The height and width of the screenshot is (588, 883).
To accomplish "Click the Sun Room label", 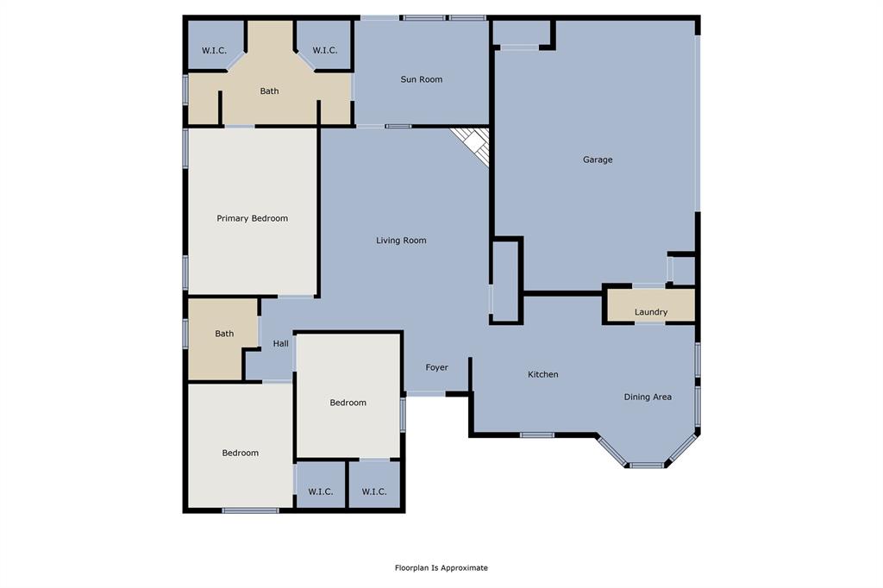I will tap(422, 79).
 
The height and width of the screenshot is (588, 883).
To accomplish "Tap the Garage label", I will tap(598, 160).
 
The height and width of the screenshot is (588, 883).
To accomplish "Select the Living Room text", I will tap(401, 241).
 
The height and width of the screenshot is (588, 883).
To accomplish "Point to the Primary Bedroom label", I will tap(252, 218).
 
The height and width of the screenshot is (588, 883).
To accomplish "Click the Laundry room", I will tap(651, 311).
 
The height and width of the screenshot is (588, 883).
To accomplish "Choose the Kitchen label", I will tap(543, 374).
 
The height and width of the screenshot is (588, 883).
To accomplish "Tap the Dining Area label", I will tap(648, 397).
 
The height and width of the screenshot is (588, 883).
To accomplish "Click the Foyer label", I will tap(437, 367).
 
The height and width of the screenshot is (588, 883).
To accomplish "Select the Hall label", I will tap(281, 344).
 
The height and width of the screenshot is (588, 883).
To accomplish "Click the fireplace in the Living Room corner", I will tap(473, 143).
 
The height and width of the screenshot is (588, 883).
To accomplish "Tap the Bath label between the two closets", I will tap(270, 91).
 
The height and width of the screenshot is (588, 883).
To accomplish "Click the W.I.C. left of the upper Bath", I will tap(215, 50).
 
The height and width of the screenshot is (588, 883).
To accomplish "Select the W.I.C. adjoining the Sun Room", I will tap(325, 50).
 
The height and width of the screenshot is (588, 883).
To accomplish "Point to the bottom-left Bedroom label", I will tap(241, 453).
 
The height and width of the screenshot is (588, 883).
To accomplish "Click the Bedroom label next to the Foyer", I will tap(348, 403).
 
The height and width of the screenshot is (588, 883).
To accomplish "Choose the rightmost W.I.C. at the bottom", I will tap(374, 491).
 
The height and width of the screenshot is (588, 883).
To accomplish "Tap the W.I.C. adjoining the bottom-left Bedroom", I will tap(321, 491).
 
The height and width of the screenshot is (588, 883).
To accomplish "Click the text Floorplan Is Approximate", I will tap(441, 567).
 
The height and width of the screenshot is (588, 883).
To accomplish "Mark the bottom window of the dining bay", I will tap(646, 466).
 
